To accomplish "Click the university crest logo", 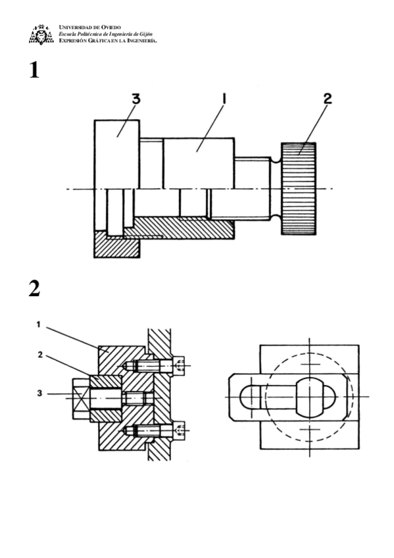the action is pyautogui.click(x=41, y=34).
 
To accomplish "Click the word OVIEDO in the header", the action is pyautogui.click(x=111, y=28).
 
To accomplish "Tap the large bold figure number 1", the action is pyautogui.click(x=34, y=70).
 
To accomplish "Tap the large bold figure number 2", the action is pyautogui.click(x=34, y=289).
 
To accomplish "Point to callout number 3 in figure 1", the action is pyautogui.click(x=136, y=99).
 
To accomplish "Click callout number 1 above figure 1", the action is pyautogui.click(x=224, y=99).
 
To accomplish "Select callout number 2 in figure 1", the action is pyautogui.click(x=328, y=99).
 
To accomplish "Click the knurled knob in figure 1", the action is pyautogui.click(x=299, y=189).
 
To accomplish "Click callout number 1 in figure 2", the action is pyautogui.click(x=39, y=324).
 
